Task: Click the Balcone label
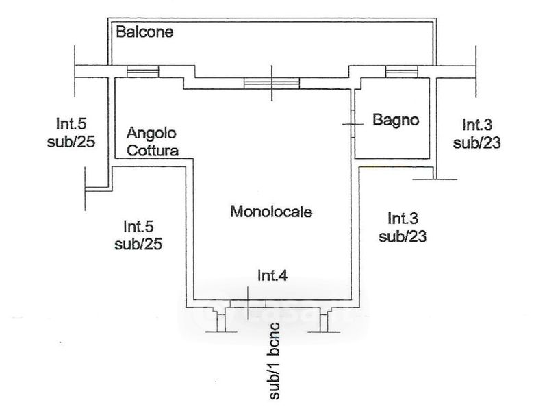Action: (x=144, y=32)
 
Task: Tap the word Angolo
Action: (x=151, y=134)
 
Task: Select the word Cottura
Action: (x=153, y=151)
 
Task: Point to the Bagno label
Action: (x=396, y=120)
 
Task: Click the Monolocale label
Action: (x=271, y=212)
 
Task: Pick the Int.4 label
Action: (x=272, y=275)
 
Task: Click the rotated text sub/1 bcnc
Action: (x=275, y=361)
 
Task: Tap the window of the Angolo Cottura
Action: (x=142, y=72)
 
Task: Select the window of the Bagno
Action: (x=402, y=72)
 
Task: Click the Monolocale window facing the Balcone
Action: (x=272, y=84)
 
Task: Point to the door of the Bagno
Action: (x=353, y=124)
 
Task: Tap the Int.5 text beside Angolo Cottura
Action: (x=71, y=123)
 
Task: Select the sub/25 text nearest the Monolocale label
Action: (x=138, y=244)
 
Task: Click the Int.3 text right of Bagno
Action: (x=477, y=125)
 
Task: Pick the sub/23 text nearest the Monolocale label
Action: (x=403, y=236)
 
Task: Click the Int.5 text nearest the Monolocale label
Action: (x=138, y=226)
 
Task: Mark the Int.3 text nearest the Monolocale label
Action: (x=403, y=219)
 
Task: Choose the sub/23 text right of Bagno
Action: (x=477, y=142)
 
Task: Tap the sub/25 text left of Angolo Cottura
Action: (x=71, y=141)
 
